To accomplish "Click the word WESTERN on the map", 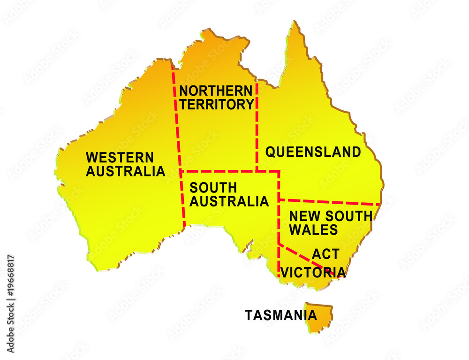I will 120,157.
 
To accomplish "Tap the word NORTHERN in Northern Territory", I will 216,90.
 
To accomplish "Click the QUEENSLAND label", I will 313,152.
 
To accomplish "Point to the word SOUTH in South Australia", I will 213,188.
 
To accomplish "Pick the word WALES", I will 313,230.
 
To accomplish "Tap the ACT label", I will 325,254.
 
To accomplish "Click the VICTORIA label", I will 313,272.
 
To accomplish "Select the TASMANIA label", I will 280,315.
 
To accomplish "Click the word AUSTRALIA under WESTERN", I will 125,171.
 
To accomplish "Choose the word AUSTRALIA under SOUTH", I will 229,202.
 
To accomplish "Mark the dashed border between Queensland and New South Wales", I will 328,202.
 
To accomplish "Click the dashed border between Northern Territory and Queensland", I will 257,127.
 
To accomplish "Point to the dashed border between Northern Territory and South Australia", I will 218,171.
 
